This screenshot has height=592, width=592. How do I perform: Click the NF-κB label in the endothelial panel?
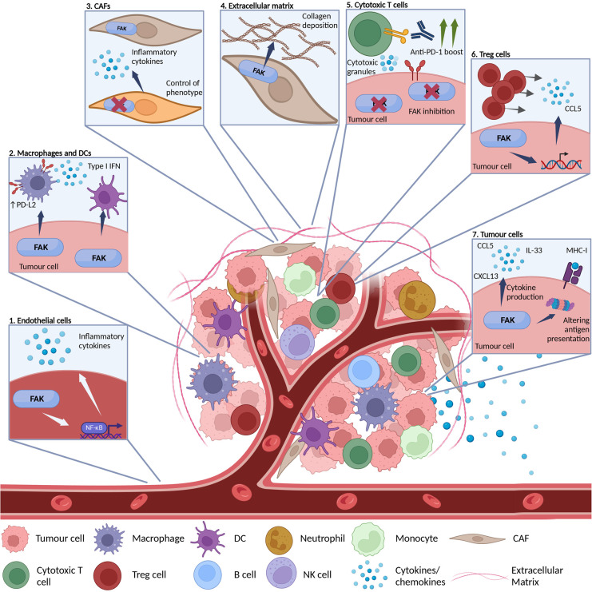point(94,427)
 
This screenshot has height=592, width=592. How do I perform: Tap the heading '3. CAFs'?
point(99,6)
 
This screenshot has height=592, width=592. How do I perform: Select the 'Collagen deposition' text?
point(320,21)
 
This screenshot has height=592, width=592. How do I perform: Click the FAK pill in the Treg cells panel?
point(503,138)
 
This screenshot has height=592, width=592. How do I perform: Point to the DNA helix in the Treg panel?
point(561,162)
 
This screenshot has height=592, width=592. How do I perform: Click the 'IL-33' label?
point(534,250)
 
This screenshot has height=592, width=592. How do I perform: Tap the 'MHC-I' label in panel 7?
point(577,250)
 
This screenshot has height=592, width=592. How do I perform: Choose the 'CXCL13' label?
point(486,276)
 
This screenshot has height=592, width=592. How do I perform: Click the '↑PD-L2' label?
point(23,205)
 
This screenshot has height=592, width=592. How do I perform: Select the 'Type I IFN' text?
point(104,166)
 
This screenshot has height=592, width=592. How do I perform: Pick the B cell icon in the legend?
point(208,574)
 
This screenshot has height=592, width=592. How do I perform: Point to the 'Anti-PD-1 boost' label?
point(436,52)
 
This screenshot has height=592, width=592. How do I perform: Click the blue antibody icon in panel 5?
point(423,32)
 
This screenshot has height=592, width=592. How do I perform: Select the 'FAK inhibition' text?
point(431,111)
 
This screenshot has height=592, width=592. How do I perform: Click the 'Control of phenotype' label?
point(184,88)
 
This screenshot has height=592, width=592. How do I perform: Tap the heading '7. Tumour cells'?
point(498,234)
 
